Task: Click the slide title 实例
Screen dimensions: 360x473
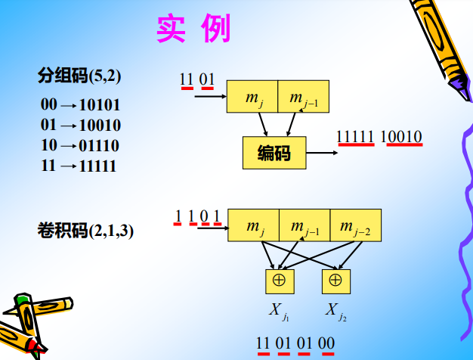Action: [193, 29]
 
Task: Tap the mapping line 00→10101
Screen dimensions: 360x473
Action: [80, 105]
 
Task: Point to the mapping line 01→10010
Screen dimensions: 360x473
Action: [80, 125]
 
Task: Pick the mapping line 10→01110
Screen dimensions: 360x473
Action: [80, 145]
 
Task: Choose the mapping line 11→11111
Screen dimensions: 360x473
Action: [79, 166]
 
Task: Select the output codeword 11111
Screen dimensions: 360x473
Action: [355, 137]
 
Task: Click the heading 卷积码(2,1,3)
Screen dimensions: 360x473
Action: [85, 231]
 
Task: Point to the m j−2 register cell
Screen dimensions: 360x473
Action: [355, 225]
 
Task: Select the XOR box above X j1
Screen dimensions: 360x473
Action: [278, 281]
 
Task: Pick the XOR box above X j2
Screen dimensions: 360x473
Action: [335, 281]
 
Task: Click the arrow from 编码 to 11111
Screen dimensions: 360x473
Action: [322, 154]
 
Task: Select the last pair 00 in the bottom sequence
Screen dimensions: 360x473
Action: [326, 343]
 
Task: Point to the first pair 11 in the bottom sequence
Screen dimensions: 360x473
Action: [263, 343]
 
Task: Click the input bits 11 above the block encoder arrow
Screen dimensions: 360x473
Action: [186, 79]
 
